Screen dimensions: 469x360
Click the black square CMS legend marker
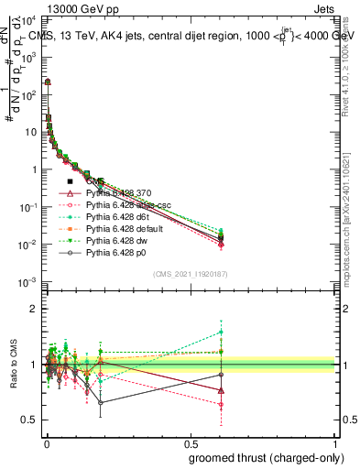tap(71, 181)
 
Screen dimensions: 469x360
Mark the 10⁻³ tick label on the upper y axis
tap(27, 281)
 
